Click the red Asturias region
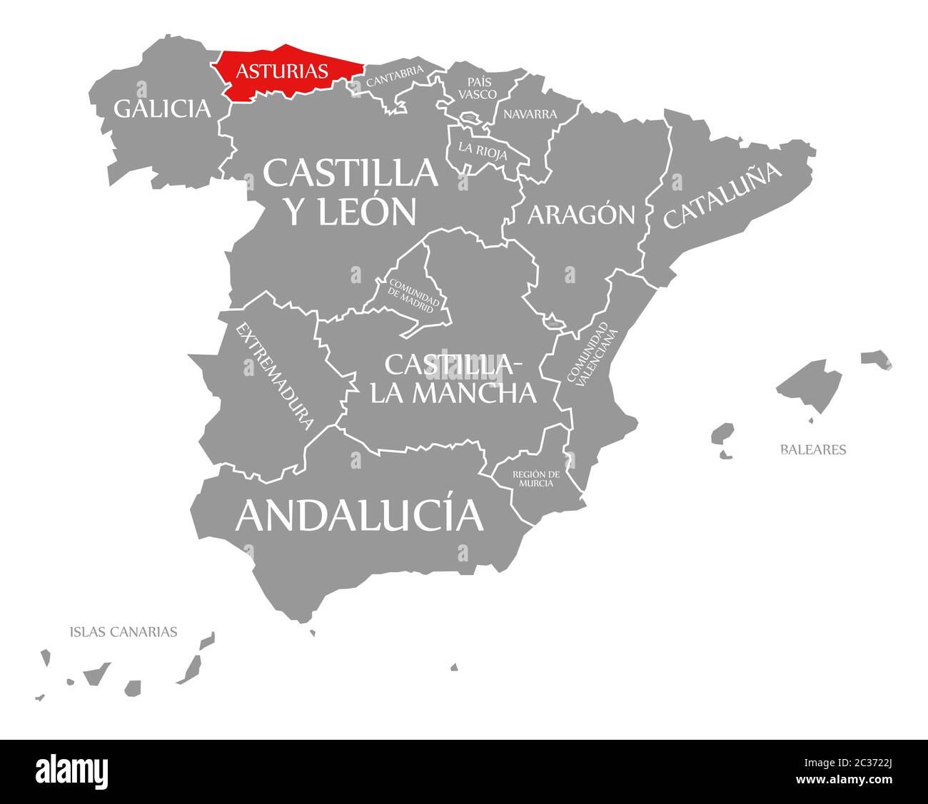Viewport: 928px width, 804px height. [x=286, y=71]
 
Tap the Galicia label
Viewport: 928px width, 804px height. [x=163, y=108]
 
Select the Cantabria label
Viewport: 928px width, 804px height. [x=395, y=76]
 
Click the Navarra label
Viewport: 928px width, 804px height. [x=530, y=114]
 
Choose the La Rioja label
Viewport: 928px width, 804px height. [x=483, y=151]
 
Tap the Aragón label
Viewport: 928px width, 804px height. [x=581, y=214]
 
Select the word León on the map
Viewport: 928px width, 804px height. [x=370, y=210]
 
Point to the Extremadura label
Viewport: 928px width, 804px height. [x=276, y=376]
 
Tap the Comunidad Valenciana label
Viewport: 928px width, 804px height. [x=589, y=354]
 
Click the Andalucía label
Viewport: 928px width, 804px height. [x=359, y=514]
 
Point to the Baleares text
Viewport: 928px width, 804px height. [x=813, y=449]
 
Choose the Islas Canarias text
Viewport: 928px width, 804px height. [x=123, y=631]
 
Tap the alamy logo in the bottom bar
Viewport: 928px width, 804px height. [x=72, y=771]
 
